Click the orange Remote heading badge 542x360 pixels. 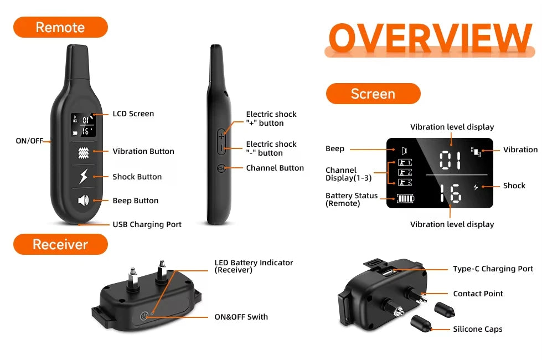pos(60,27)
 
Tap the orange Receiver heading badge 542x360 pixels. pos(60,244)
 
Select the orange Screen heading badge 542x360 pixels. pos(373,94)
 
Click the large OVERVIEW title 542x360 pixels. pos(430,38)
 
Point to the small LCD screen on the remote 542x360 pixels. pos(83,125)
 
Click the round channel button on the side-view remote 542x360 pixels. pos(221,168)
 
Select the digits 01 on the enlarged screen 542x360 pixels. pos(450,161)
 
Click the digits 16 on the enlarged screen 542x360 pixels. pos(450,194)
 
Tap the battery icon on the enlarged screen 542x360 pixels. pos(405,198)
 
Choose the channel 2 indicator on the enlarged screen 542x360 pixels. pos(405,172)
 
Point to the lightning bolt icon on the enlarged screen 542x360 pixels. pos(475,187)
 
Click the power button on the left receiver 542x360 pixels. pos(144,316)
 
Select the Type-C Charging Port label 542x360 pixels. pos(493,269)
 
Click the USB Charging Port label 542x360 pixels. pos(147,224)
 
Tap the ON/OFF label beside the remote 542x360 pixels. pos(29,141)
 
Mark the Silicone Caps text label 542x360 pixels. pos(477,329)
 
